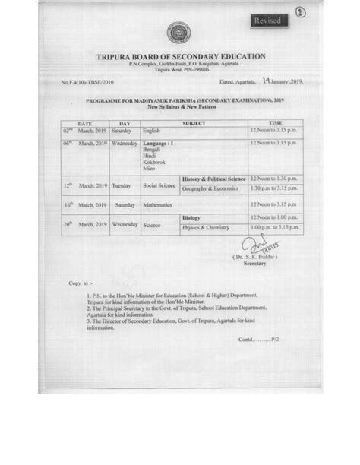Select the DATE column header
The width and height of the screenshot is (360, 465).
84,122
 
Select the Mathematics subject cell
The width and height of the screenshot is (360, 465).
157,205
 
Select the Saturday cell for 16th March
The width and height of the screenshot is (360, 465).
125,205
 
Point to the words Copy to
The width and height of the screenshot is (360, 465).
79,282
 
